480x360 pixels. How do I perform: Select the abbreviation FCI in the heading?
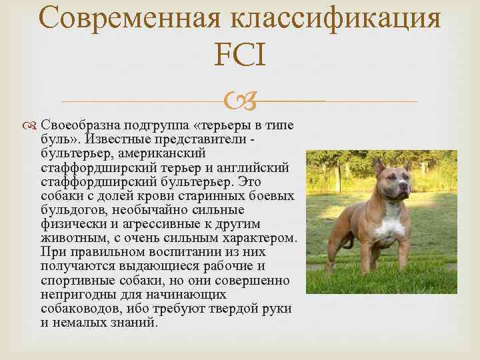240,56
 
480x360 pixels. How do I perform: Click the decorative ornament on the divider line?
239,101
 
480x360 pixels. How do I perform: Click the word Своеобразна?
79,126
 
